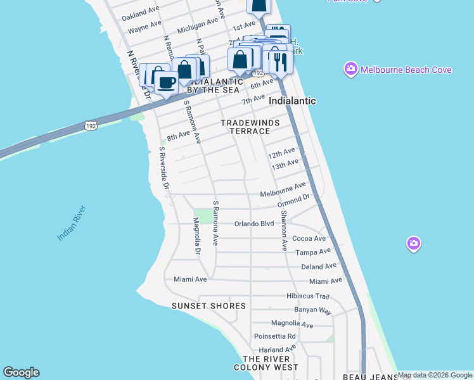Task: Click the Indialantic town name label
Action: pos(292,101)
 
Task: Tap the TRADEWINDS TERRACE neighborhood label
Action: pos(245,127)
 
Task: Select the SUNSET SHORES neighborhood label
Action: pos(208,306)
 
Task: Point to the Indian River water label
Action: pos(71,223)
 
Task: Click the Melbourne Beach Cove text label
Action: pos(406,70)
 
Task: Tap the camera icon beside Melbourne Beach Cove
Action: pos(350,68)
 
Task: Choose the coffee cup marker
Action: pos(167,82)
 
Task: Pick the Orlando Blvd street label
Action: pos(253,224)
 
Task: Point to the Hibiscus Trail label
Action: pos(308,296)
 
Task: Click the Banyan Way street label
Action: pos(312,310)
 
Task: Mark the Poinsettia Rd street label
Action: pos(274,336)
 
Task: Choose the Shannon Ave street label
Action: pos(284,231)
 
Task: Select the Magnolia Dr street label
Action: pos(197,236)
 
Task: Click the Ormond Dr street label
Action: pos(293,201)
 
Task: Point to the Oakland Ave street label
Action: pos(141,13)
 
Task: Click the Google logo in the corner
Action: pos(21,372)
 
